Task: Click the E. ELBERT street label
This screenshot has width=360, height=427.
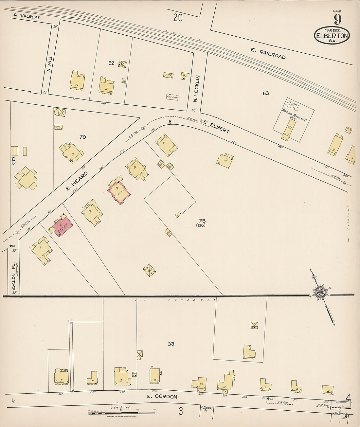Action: pyautogui.click(x=216, y=126)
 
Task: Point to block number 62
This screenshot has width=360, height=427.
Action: pyautogui.click(x=111, y=63)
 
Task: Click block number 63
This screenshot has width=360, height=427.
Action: pyautogui.click(x=266, y=93)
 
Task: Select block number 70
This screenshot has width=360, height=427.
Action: pyautogui.click(x=83, y=137)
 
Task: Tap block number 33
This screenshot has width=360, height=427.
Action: pyautogui.click(x=171, y=344)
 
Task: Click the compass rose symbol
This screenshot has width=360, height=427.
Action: pyautogui.click(x=320, y=292)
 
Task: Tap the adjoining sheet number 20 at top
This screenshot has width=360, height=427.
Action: pyautogui.click(x=178, y=18)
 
